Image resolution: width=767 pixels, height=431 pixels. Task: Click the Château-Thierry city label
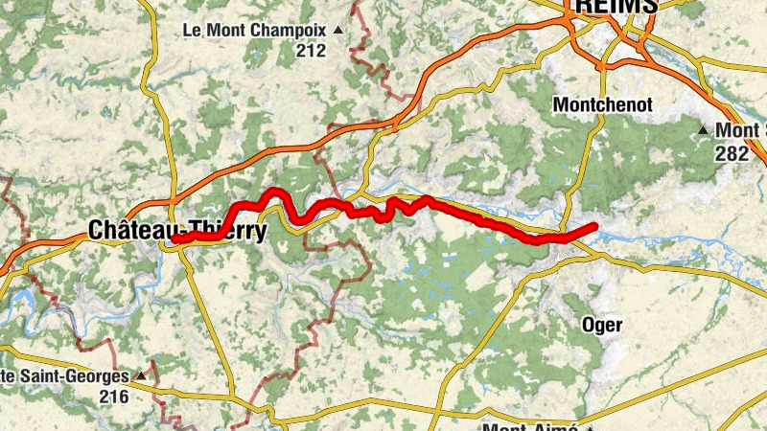tap(176, 230)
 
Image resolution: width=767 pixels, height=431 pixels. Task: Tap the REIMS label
tap(616, 6)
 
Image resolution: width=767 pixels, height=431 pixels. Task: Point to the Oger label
tap(602, 325)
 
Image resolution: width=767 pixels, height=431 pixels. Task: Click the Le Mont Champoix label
tap(255, 31)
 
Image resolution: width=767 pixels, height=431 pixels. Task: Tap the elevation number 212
tap(311, 51)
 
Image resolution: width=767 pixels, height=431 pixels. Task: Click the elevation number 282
tap(732, 151)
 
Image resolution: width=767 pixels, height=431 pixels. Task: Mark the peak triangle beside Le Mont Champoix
tap(337, 31)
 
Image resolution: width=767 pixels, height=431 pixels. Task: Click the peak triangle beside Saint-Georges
tap(141, 375)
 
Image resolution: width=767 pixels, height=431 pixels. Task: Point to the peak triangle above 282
tap(703, 130)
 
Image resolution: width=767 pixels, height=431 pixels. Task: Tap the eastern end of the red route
tap(594, 226)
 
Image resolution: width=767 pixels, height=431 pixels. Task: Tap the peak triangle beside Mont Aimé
tap(591, 427)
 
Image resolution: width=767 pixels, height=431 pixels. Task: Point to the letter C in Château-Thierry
tap(96, 230)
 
